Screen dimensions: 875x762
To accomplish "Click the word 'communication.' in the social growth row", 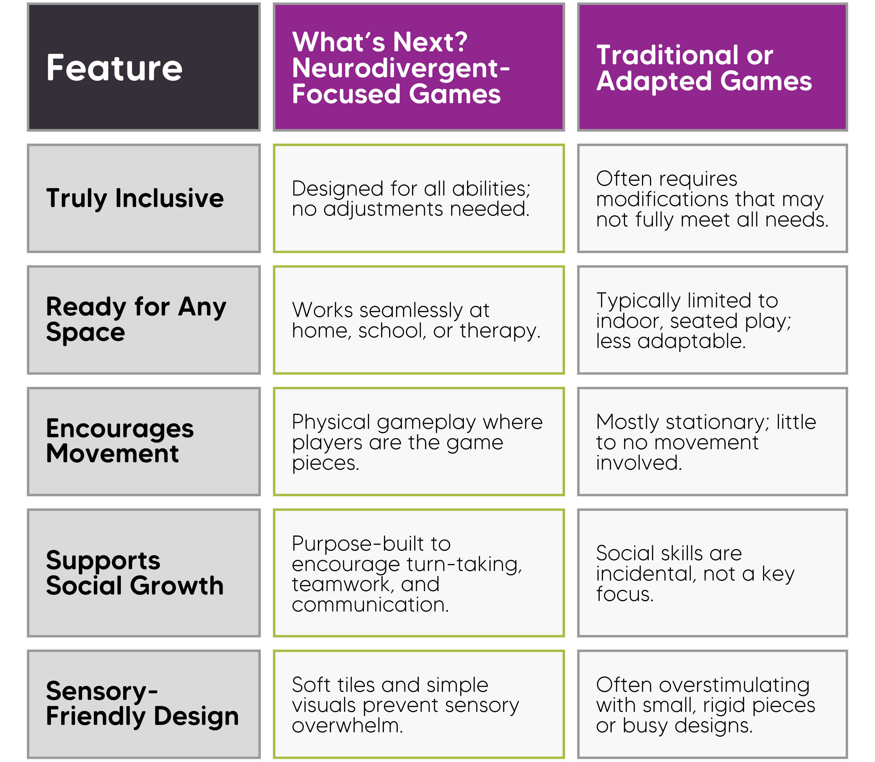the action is coord(370,604).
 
